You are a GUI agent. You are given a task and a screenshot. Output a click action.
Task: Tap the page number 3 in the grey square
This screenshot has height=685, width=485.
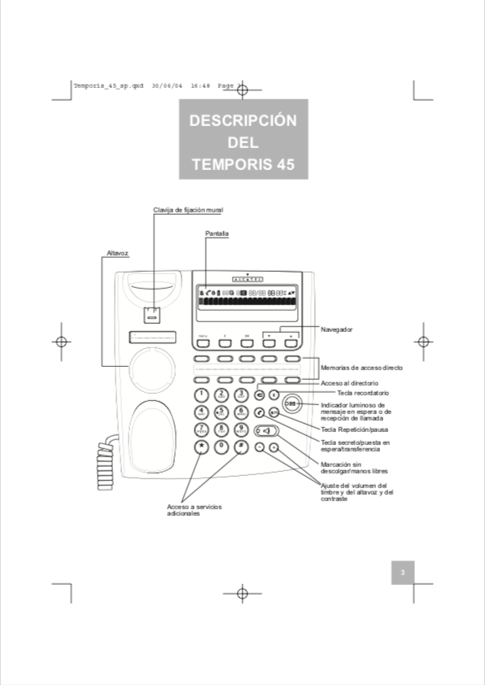tap(402, 574)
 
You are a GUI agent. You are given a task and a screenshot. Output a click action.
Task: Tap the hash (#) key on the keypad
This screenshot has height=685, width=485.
tap(241, 447)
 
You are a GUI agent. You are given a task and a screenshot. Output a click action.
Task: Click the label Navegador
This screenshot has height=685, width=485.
tap(337, 329)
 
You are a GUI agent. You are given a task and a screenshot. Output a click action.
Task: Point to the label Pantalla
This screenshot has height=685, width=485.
tap(216, 233)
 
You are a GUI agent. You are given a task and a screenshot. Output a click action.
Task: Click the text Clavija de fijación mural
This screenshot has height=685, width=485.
tap(188, 210)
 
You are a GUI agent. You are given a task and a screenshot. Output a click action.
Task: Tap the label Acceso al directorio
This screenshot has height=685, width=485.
tap(349, 382)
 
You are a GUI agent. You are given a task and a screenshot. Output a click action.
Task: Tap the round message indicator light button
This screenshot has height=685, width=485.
tap(291, 404)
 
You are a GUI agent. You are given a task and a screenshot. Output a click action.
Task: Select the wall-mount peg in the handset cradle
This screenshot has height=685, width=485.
tap(152, 314)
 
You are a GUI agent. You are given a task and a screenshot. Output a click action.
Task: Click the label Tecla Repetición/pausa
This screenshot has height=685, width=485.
tap(355, 429)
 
